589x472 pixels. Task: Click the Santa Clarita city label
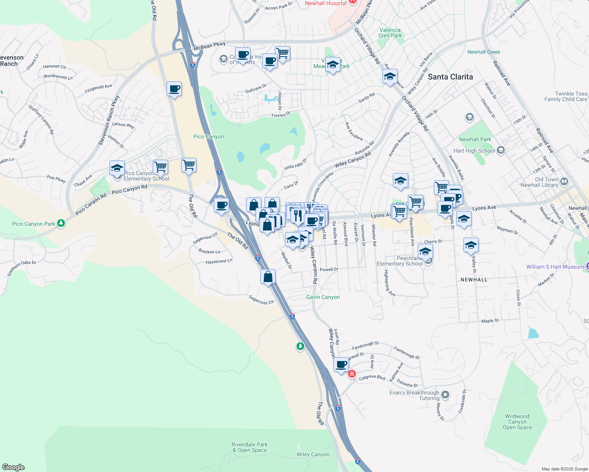coord(450,77)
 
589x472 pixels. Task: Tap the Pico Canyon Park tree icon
coord(61,223)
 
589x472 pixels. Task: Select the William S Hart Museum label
coord(555,267)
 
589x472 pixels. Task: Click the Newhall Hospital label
coord(326,4)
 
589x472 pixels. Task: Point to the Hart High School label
coord(474,151)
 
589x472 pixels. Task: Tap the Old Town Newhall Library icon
coord(564,181)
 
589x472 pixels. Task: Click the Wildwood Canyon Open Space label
coord(517,422)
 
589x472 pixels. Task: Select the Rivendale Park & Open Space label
coord(250,447)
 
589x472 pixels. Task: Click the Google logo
coord(13,467)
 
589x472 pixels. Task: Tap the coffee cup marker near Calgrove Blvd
coord(341,364)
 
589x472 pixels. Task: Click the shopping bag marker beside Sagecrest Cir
coord(268,277)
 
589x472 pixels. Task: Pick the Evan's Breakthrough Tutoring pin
coord(445,394)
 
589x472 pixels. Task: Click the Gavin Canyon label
coord(323,297)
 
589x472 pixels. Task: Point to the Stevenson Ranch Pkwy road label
coord(109,120)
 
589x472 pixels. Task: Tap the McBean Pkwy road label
coord(209,46)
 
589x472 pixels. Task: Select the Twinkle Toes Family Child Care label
coord(565,96)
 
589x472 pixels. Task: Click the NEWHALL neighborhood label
coord(474,280)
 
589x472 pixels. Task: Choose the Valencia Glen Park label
coord(390,33)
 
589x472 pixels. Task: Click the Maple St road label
coord(490,321)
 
